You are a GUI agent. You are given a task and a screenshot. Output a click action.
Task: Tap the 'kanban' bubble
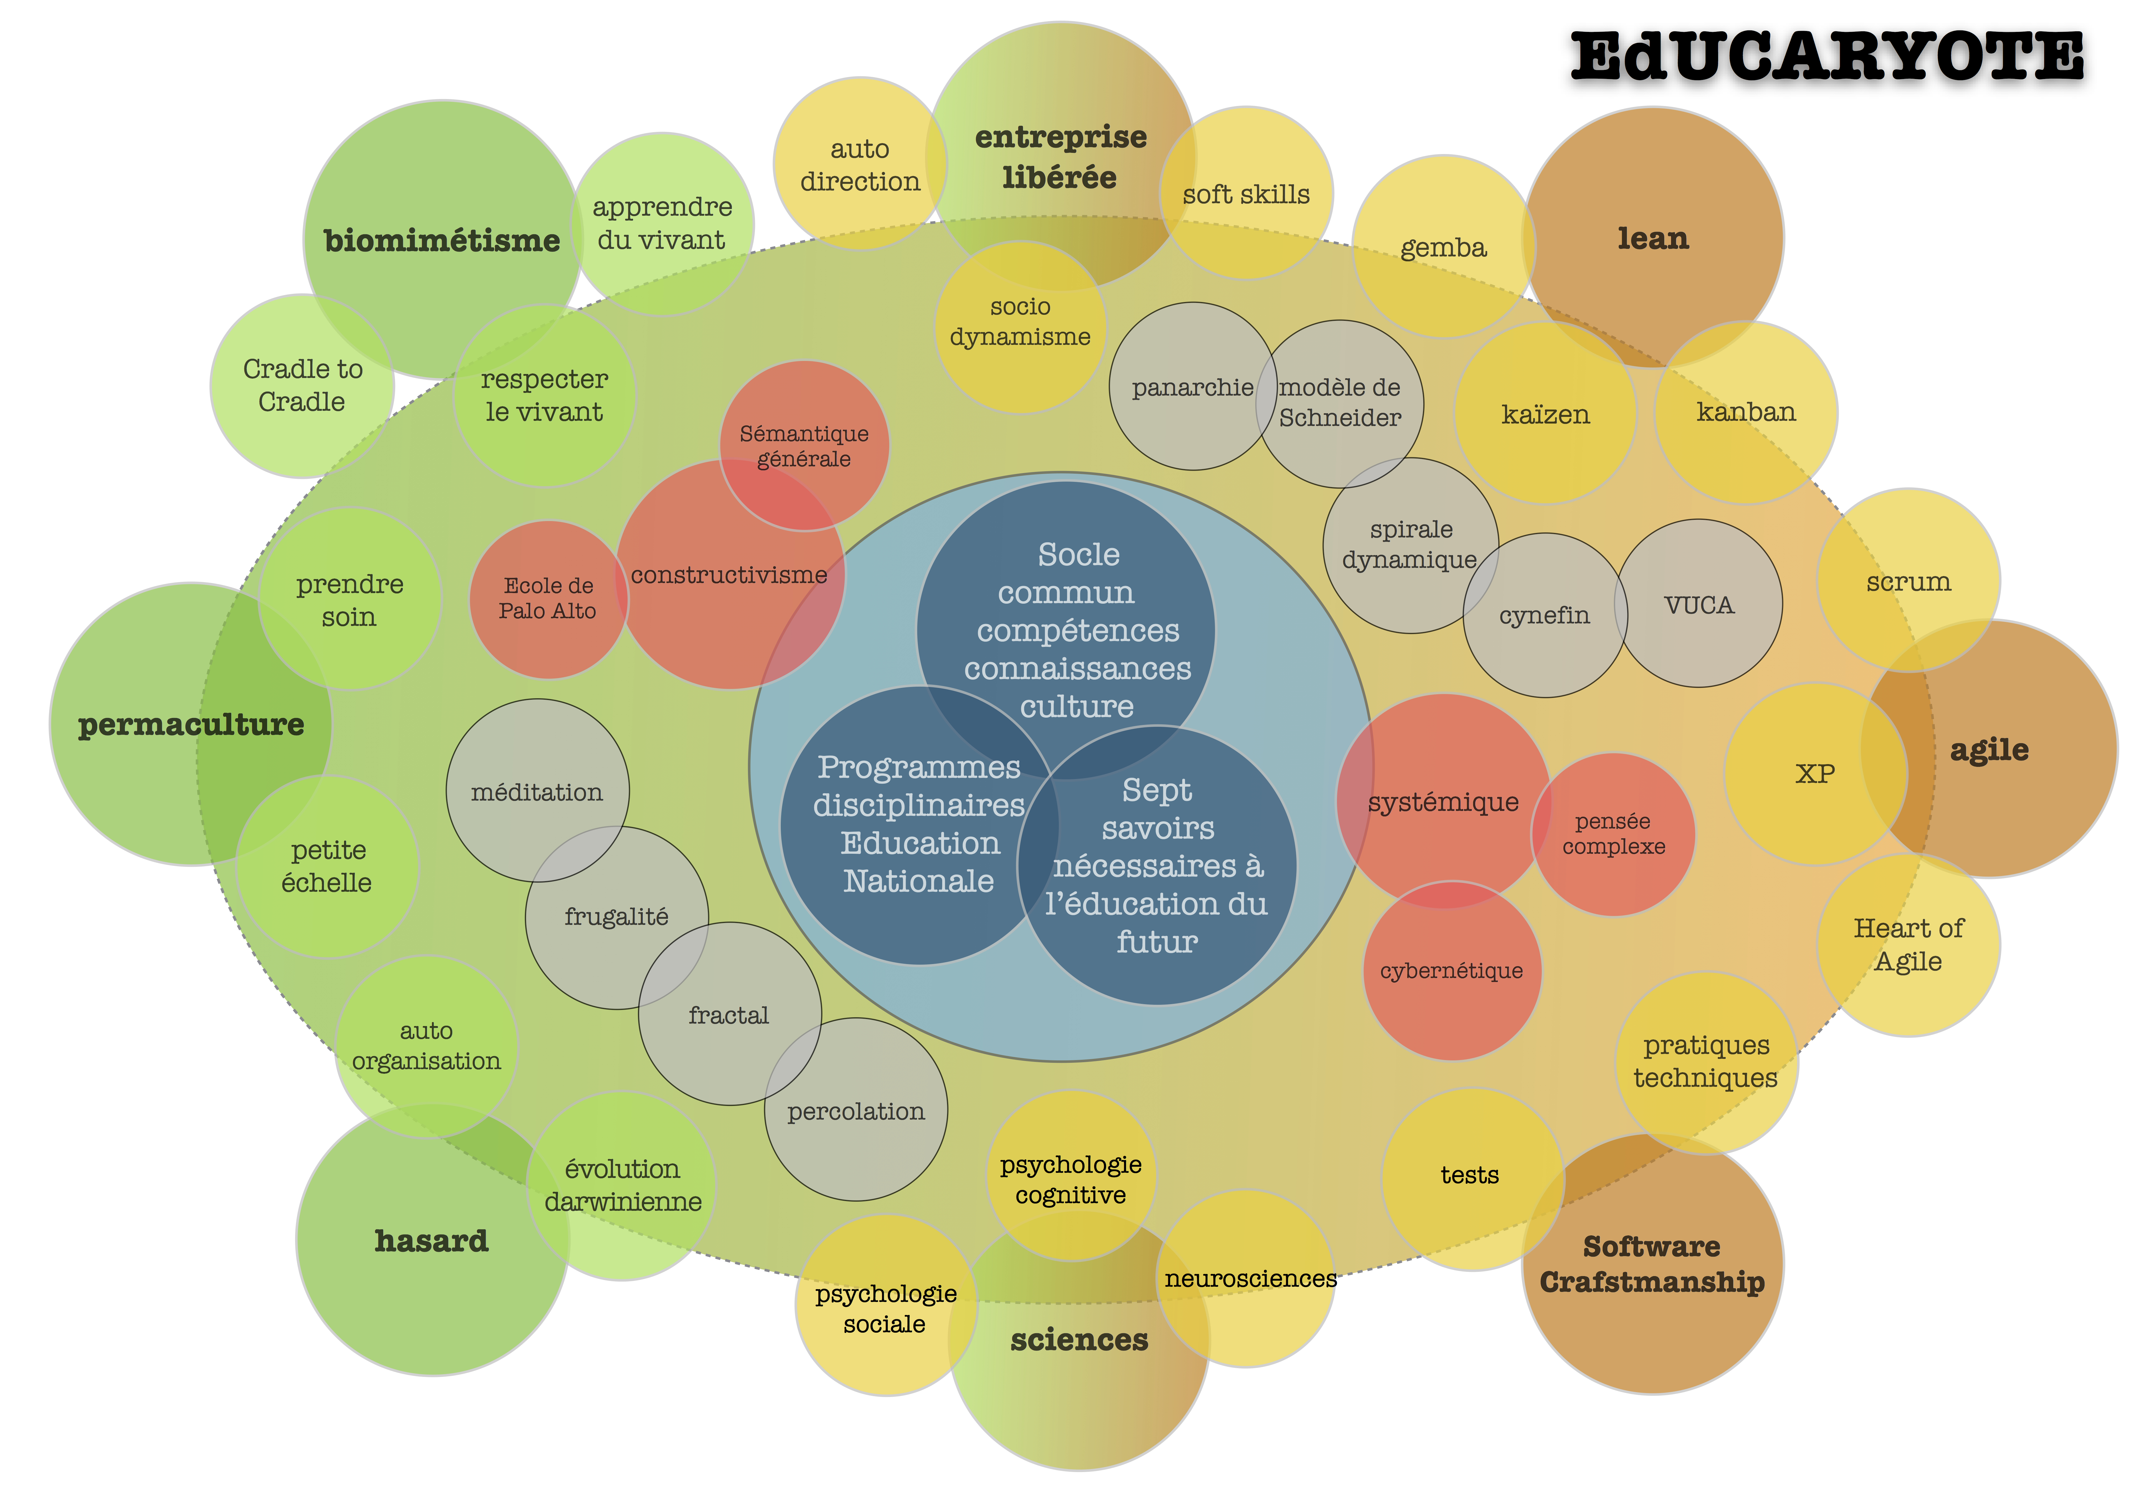1746,412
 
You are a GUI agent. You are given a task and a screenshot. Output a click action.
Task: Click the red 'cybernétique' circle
1451,971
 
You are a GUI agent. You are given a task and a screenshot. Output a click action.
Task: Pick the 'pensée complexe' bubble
1613,834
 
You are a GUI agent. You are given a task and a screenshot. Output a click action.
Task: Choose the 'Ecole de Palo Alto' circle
548,599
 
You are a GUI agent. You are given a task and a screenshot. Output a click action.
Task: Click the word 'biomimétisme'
442,241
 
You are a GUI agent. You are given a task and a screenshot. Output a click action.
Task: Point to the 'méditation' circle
537,792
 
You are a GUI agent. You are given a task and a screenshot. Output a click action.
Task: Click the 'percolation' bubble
855,1111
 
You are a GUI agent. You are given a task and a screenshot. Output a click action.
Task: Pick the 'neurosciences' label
1250,1279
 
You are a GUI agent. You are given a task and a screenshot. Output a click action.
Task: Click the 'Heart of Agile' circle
1908,944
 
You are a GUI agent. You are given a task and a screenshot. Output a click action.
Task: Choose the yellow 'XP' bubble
1814,774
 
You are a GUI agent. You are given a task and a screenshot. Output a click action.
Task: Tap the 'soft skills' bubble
1246,194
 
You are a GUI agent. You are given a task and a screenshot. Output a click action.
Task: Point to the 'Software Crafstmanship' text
1652,1264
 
